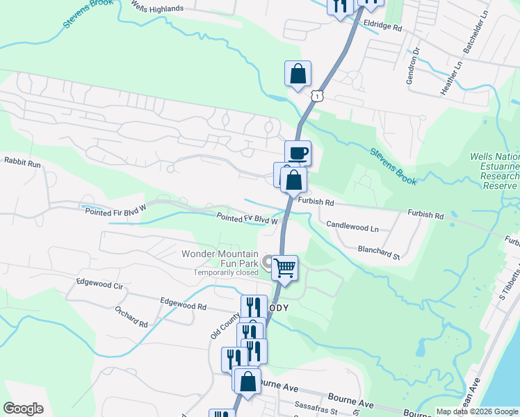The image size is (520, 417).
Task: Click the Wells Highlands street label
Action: tap(158, 9)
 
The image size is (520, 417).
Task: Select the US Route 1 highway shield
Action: tap(317, 95)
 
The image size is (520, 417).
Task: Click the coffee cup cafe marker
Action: tap(298, 153)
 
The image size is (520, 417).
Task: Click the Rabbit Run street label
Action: tap(23, 161)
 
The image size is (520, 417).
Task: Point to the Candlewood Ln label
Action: tap(352, 227)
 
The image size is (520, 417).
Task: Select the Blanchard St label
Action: tap(379, 252)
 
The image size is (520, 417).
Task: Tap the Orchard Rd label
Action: tap(131, 319)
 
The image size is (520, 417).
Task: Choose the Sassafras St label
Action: tap(316, 411)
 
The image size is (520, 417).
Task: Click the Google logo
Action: tap(23, 409)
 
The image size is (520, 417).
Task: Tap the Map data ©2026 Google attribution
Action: tap(476, 412)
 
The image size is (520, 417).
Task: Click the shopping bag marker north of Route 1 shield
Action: tap(298, 74)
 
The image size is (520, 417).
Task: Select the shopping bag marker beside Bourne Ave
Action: tap(247, 381)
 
